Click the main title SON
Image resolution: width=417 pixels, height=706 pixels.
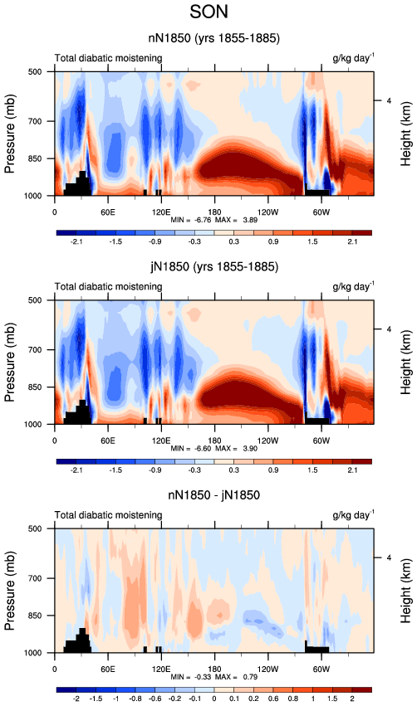pos(208,12)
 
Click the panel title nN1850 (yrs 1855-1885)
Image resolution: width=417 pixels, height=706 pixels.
pos(214,38)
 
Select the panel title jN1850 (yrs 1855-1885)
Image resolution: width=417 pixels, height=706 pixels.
pos(214,267)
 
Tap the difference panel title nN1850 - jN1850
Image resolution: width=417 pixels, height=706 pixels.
pos(214,495)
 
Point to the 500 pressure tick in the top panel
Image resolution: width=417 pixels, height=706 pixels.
pos(34,71)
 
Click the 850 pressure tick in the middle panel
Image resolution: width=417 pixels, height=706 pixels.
pos(34,387)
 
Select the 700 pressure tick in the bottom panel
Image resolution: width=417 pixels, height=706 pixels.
pos(34,578)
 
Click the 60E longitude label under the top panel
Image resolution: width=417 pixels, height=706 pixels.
pos(107,212)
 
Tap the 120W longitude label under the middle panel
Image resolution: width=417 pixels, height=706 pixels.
pos(267,441)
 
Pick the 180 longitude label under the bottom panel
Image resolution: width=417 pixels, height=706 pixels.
pos(214,669)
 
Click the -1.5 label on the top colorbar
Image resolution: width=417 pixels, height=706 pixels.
pos(115,241)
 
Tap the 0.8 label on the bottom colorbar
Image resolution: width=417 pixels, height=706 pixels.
pos(293,699)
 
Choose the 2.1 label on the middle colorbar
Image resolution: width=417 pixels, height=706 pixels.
pos(352,470)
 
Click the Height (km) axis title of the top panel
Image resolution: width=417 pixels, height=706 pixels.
pos(405,134)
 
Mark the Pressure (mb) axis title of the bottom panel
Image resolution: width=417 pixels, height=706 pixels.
pos(9,591)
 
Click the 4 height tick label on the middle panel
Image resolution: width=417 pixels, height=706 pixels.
pos(389,329)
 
